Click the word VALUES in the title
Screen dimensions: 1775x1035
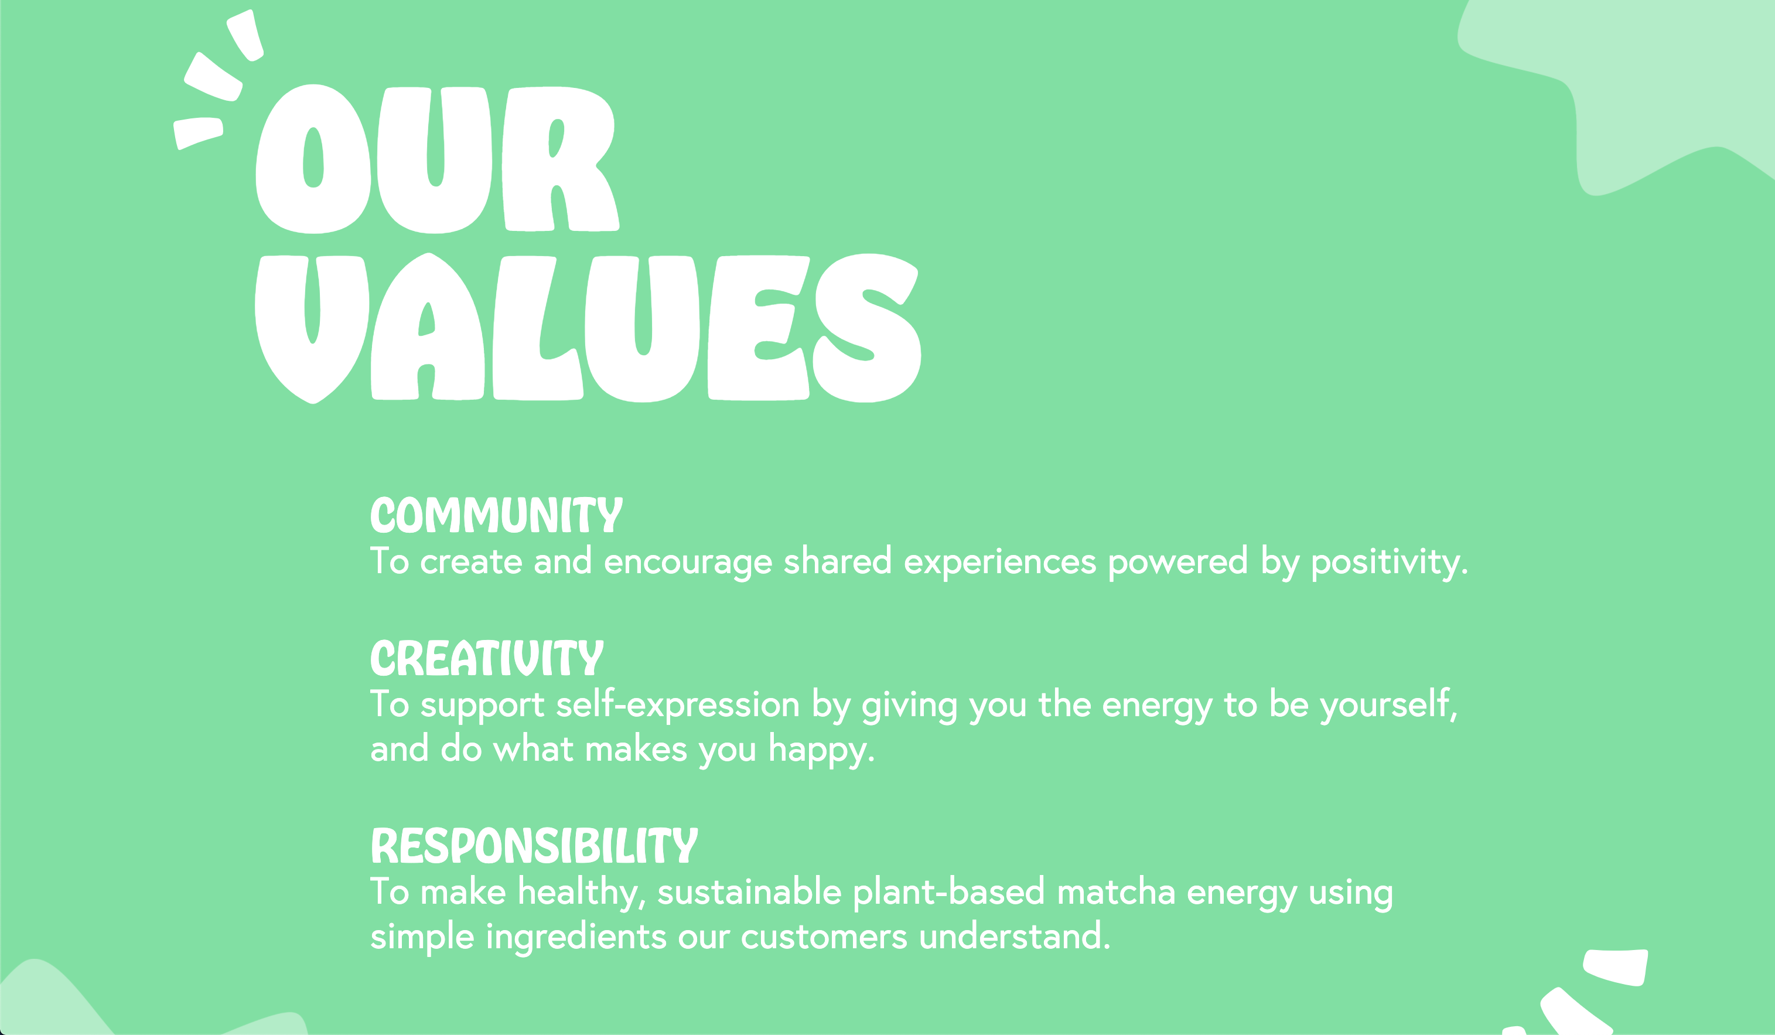click(x=588, y=328)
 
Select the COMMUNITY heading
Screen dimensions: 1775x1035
click(x=497, y=515)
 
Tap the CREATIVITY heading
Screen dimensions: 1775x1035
click(x=487, y=658)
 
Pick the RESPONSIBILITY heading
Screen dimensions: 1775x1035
click(x=534, y=846)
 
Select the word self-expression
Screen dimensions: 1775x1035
click(x=678, y=705)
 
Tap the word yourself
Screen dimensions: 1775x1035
click(x=1388, y=705)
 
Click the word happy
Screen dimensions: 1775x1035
click(x=821, y=750)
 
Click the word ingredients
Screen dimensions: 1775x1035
click(x=576, y=938)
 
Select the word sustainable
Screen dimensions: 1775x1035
click(x=749, y=892)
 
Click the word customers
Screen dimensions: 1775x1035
click(x=824, y=938)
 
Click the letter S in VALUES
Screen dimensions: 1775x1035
click(x=867, y=328)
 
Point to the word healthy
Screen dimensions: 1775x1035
click(x=582, y=893)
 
